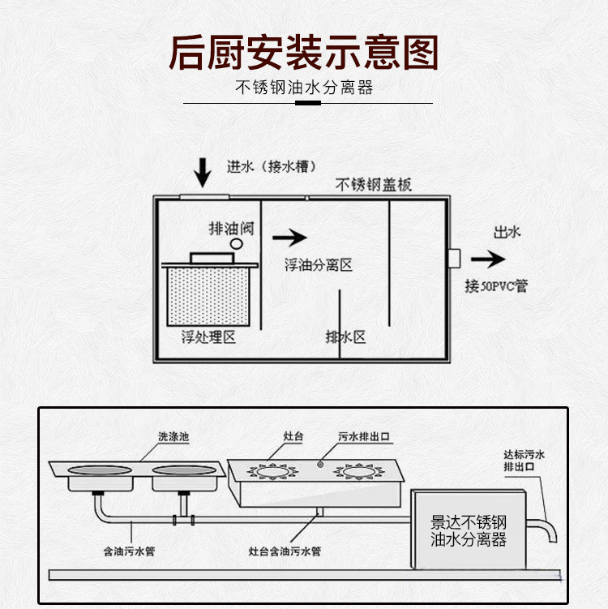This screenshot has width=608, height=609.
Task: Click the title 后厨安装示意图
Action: [304, 53]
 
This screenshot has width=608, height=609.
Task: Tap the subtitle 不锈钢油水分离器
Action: [304, 88]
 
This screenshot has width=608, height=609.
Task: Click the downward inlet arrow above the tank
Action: [203, 173]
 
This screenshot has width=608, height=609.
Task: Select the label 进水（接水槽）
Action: [272, 166]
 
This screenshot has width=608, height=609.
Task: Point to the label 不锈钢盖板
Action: [373, 185]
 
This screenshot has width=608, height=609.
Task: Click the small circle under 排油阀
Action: [237, 244]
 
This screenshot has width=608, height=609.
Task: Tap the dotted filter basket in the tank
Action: [208, 297]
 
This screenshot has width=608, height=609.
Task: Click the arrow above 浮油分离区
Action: [289, 238]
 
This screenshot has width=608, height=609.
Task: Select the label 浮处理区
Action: [208, 337]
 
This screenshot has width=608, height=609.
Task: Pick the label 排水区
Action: [345, 337]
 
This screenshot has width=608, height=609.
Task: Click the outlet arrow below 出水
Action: [488, 259]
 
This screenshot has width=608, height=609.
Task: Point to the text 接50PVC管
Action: [497, 286]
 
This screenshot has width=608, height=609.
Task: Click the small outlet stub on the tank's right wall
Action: [454, 259]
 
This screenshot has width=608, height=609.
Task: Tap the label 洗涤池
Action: [173, 436]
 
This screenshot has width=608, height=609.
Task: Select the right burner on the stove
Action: [359, 472]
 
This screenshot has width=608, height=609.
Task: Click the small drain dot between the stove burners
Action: [320, 464]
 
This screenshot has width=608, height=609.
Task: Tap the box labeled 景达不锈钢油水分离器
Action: [469, 530]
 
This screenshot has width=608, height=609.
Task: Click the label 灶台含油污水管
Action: [285, 551]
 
